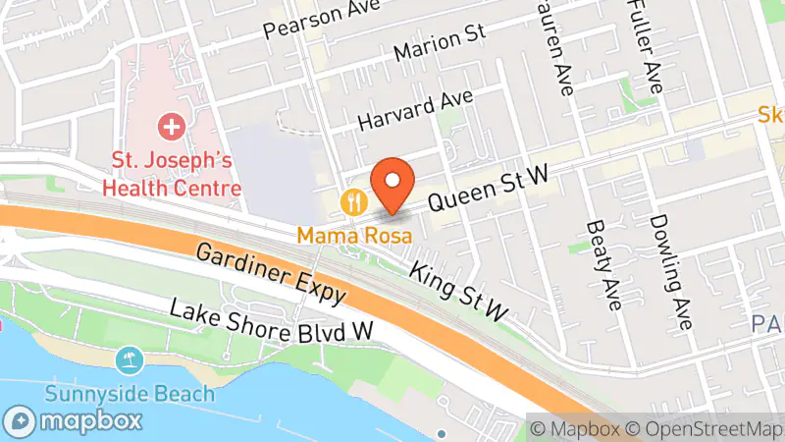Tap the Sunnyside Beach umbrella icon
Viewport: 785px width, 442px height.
click(129, 359)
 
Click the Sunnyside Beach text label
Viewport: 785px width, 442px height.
click(129, 395)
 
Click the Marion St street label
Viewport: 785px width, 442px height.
click(439, 44)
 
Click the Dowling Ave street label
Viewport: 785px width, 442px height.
click(671, 272)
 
